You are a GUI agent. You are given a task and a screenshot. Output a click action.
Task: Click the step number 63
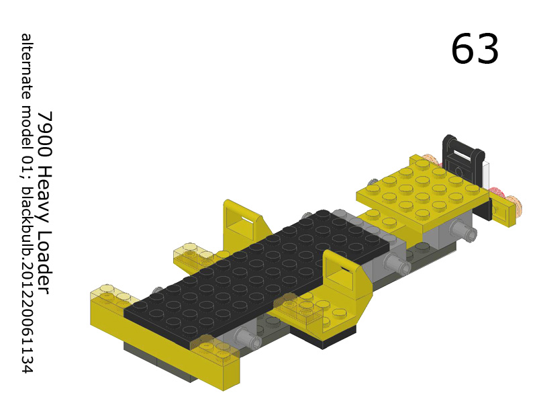(475, 49)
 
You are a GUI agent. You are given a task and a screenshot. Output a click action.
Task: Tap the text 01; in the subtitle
(26, 165)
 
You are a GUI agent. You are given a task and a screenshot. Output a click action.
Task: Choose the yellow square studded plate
(422, 191)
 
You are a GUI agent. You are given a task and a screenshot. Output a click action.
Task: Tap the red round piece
(497, 195)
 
